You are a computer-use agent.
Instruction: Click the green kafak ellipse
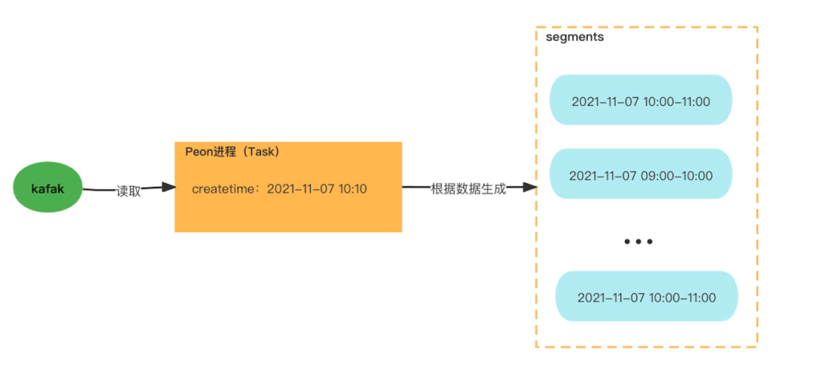point(48,187)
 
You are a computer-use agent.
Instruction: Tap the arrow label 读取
point(128,191)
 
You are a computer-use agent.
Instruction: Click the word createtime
point(219,188)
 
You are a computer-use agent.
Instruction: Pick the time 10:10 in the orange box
point(353,188)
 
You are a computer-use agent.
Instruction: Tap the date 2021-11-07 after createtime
point(300,188)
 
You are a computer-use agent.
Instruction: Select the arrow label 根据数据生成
point(468,188)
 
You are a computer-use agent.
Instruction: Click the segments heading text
point(575,37)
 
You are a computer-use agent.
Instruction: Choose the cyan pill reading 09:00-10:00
point(641,173)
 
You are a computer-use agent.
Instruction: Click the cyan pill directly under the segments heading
point(641,100)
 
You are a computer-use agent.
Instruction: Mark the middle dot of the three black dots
point(638,242)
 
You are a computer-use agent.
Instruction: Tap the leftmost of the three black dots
point(628,242)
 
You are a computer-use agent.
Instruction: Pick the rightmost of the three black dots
point(649,242)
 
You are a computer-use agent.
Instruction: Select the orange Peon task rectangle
point(288,187)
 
